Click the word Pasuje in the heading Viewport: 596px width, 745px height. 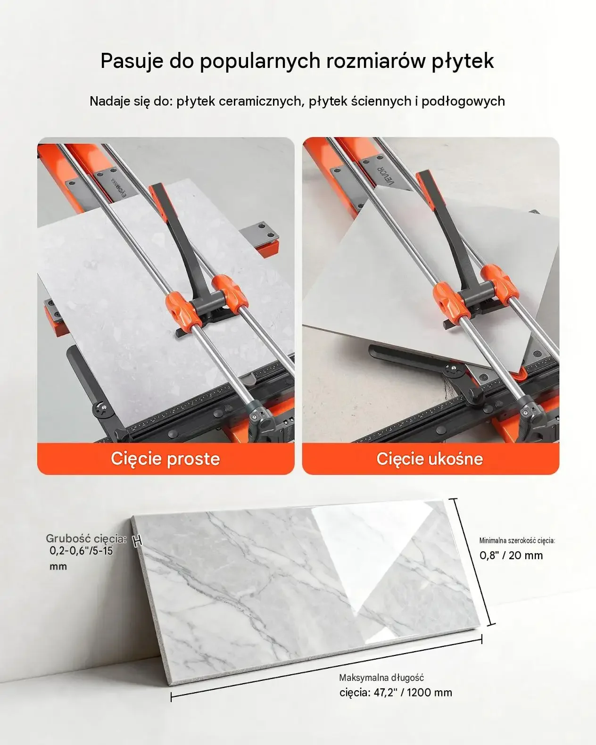(132, 61)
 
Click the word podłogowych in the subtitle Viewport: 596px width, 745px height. (463, 101)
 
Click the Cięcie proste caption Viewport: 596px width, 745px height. (166, 459)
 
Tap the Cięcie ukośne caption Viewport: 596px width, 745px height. (430, 459)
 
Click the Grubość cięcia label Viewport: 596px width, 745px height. (86, 538)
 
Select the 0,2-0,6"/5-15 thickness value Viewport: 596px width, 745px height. (82, 551)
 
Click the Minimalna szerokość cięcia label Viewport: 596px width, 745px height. (517, 540)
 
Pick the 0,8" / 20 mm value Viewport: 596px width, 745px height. (511, 555)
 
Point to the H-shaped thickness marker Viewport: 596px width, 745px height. (138, 540)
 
